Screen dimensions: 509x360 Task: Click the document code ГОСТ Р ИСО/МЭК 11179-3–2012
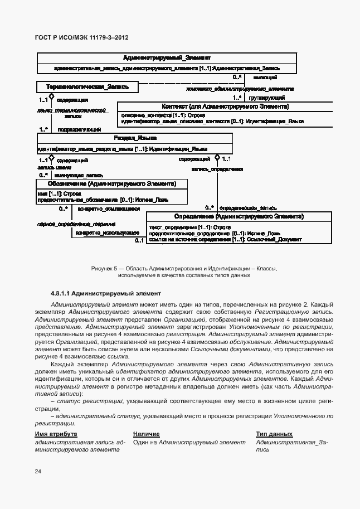(82, 38)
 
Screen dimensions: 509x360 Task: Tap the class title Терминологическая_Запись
(87, 87)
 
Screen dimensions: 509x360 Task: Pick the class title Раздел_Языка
(135, 138)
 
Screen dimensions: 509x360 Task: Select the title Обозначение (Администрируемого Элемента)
(113, 183)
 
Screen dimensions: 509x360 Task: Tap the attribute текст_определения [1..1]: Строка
(182, 227)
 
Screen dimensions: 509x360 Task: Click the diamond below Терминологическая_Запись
(51, 96)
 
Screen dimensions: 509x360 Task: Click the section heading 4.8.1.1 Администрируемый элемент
(106, 293)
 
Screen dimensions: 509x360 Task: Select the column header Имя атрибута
(56, 434)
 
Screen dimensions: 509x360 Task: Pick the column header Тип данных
(274, 434)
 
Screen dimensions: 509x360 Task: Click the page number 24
(38, 472)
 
